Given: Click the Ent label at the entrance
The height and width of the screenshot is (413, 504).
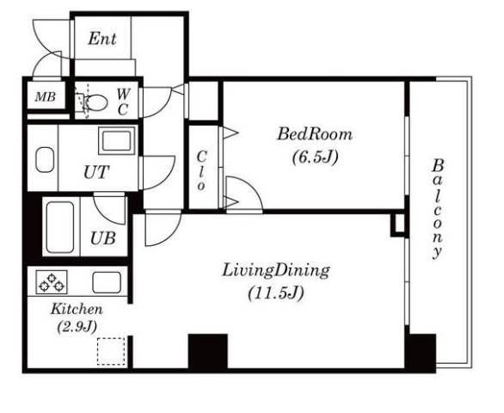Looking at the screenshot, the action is (x=102, y=39).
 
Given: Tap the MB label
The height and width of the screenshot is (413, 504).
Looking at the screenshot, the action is (x=46, y=96).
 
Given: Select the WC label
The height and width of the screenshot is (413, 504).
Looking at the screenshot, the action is (x=123, y=102).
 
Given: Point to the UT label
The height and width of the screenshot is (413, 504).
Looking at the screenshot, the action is (x=96, y=172).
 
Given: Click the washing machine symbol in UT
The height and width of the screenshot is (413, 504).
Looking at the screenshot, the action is (x=117, y=140).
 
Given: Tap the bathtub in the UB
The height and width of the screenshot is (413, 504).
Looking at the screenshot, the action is (x=60, y=227).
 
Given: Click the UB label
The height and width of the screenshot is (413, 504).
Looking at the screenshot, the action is (x=103, y=238).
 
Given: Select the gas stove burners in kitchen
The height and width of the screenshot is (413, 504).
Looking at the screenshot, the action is (x=52, y=281).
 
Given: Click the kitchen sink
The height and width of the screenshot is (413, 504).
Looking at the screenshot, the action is (x=107, y=282).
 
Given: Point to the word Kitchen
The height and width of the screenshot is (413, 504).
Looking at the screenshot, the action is (x=77, y=309).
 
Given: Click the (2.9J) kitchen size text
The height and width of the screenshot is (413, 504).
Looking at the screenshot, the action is (x=77, y=327).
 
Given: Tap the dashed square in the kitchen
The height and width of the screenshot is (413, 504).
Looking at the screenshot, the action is (x=111, y=351).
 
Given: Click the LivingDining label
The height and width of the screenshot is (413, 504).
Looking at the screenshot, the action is (x=276, y=271).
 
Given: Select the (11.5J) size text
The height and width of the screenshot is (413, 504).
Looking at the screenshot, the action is (x=276, y=293).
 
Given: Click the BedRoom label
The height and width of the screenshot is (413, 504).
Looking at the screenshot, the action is (x=315, y=134).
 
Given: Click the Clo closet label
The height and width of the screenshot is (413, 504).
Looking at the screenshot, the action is (x=201, y=171).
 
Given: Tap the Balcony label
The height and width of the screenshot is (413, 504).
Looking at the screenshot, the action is (x=438, y=209).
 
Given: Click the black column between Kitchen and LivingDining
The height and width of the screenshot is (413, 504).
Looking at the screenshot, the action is (x=208, y=351).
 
